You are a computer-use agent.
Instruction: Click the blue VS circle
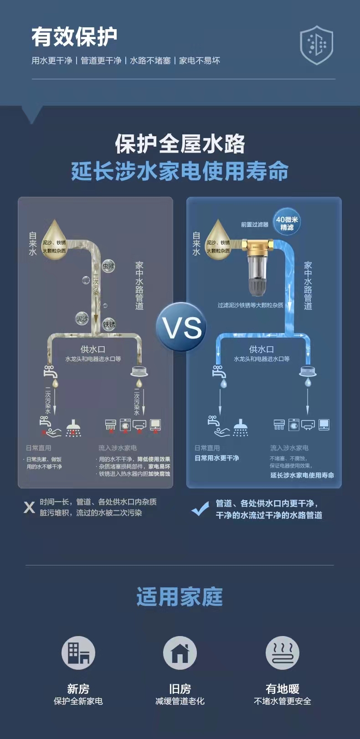coord(181,327)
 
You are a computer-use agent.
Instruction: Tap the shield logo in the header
coord(316,45)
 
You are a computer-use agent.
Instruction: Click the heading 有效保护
coord(74,37)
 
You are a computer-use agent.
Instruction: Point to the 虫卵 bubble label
coord(108,266)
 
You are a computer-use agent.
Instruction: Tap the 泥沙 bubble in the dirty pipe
coord(82,318)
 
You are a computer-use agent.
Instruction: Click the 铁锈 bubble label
coord(109,324)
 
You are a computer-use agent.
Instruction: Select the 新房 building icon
coord(78,653)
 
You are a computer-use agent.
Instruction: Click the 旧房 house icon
coord(180,653)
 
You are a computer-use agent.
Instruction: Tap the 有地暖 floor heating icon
coord(283,653)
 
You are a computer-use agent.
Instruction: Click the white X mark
coord(29,507)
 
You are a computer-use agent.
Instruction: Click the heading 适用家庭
coord(180,597)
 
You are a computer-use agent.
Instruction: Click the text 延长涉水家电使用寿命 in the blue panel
coord(302,475)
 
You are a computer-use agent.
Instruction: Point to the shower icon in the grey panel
coord(73,428)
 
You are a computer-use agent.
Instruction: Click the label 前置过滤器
coord(255,224)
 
